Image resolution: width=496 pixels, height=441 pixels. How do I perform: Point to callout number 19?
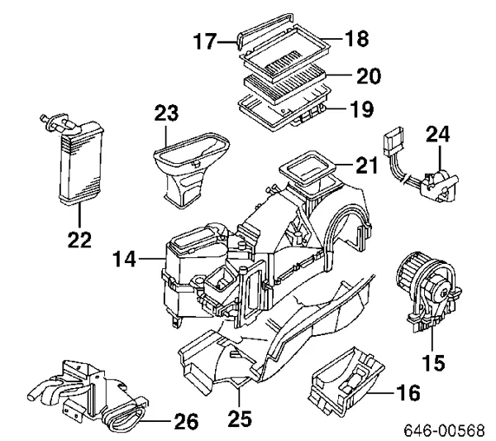pos(361,108)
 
